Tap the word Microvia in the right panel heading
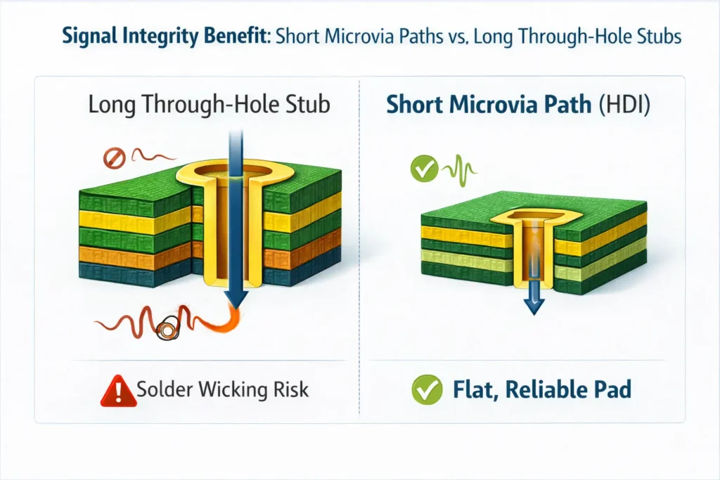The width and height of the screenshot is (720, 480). click(x=494, y=105)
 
